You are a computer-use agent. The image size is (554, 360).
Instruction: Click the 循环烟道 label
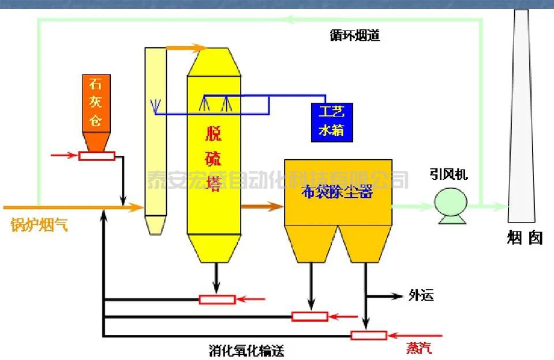coord(354,36)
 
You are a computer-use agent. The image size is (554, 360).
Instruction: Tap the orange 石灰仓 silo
coord(96,110)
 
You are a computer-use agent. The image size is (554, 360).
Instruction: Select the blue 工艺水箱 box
coord(331,121)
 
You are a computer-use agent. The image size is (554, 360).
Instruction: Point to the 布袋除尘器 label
coord(338,193)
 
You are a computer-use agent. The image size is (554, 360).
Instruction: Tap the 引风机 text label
coord(448,174)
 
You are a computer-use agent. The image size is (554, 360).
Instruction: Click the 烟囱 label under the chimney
coord(525,238)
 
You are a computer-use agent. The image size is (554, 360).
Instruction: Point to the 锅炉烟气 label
coord(39,225)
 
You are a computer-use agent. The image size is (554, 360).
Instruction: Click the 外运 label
coord(421,296)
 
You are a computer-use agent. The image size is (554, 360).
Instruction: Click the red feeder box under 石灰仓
coord(97,155)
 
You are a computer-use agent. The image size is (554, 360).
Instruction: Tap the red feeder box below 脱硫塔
coord(217,299)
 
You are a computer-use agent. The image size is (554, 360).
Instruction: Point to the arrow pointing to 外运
coord(396,296)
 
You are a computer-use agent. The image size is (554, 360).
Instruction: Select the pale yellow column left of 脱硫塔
coord(155,138)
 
